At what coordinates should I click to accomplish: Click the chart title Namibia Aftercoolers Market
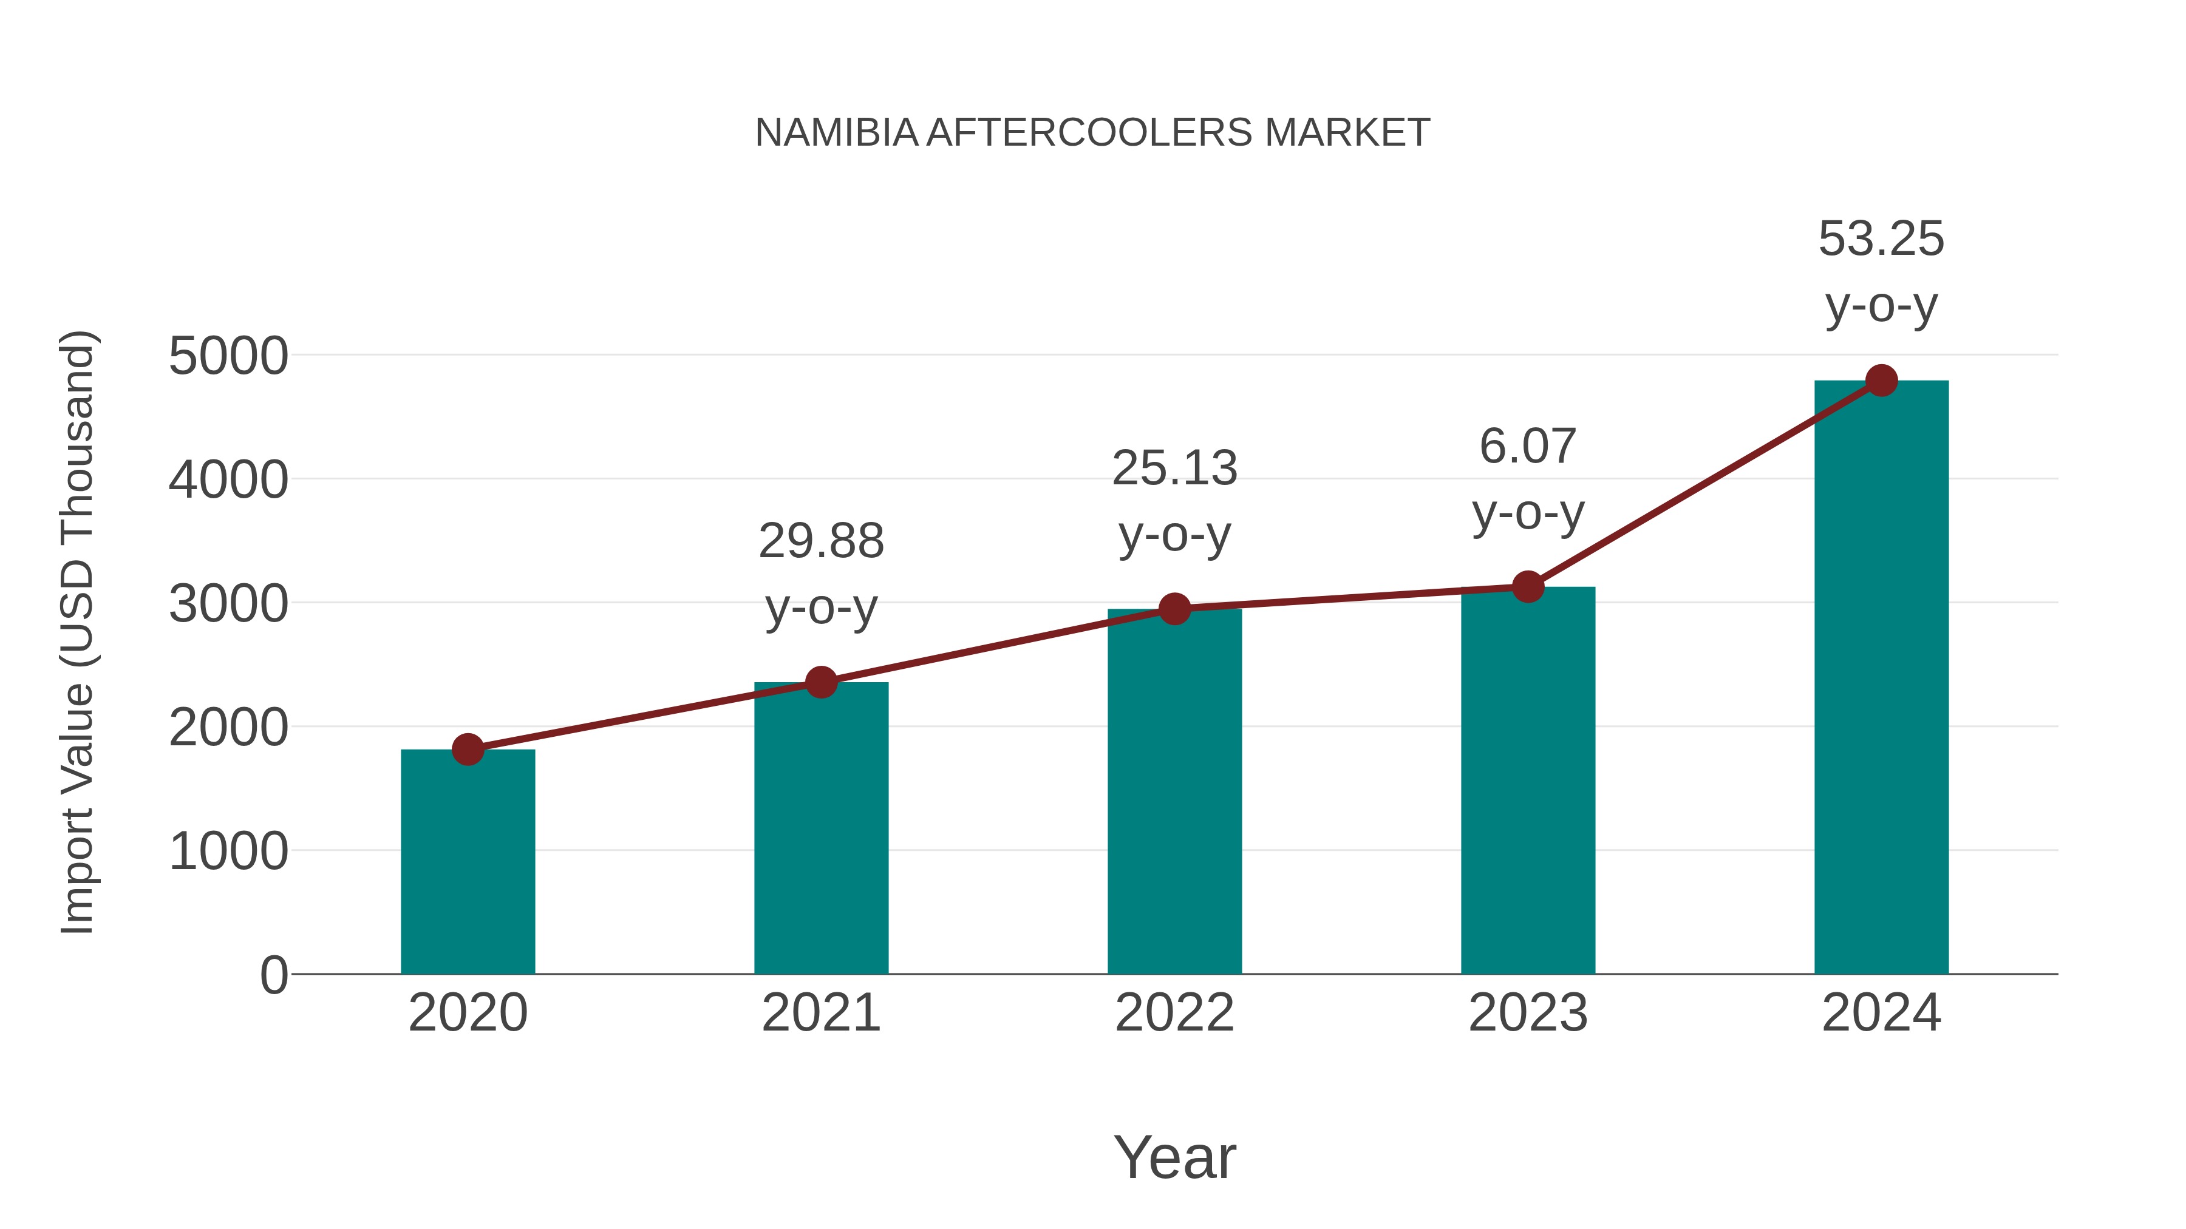point(1092,133)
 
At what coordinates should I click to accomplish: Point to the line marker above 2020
point(468,749)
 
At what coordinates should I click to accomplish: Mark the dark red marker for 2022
point(1174,608)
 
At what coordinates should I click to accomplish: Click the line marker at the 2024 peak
point(1881,380)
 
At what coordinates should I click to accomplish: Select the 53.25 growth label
point(1881,239)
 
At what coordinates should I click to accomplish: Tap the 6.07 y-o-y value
point(1528,447)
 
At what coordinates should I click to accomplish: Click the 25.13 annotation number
point(1174,469)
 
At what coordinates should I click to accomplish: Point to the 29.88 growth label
point(820,541)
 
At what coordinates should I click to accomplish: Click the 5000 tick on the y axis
point(228,356)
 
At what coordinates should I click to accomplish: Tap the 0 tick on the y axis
point(273,975)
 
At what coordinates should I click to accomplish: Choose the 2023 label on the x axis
point(1528,1013)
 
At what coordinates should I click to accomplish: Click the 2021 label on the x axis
point(820,1013)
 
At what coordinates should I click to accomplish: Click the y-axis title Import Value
point(77,632)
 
